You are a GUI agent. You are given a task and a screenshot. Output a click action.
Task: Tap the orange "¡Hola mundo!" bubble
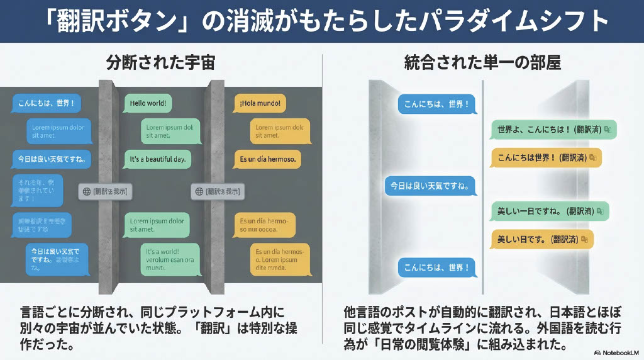click(x=259, y=103)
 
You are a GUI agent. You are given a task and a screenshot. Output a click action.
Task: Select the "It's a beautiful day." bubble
click(x=157, y=159)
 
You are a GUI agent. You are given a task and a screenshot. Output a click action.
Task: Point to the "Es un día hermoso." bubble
click(x=267, y=159)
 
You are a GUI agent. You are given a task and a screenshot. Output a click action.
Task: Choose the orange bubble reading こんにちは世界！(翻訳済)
click(x=545, y=157)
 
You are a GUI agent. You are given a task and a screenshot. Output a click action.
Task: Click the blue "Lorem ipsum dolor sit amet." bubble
click(x=58, y=131)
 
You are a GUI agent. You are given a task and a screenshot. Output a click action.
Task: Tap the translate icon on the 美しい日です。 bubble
click(x=585, y=239)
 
